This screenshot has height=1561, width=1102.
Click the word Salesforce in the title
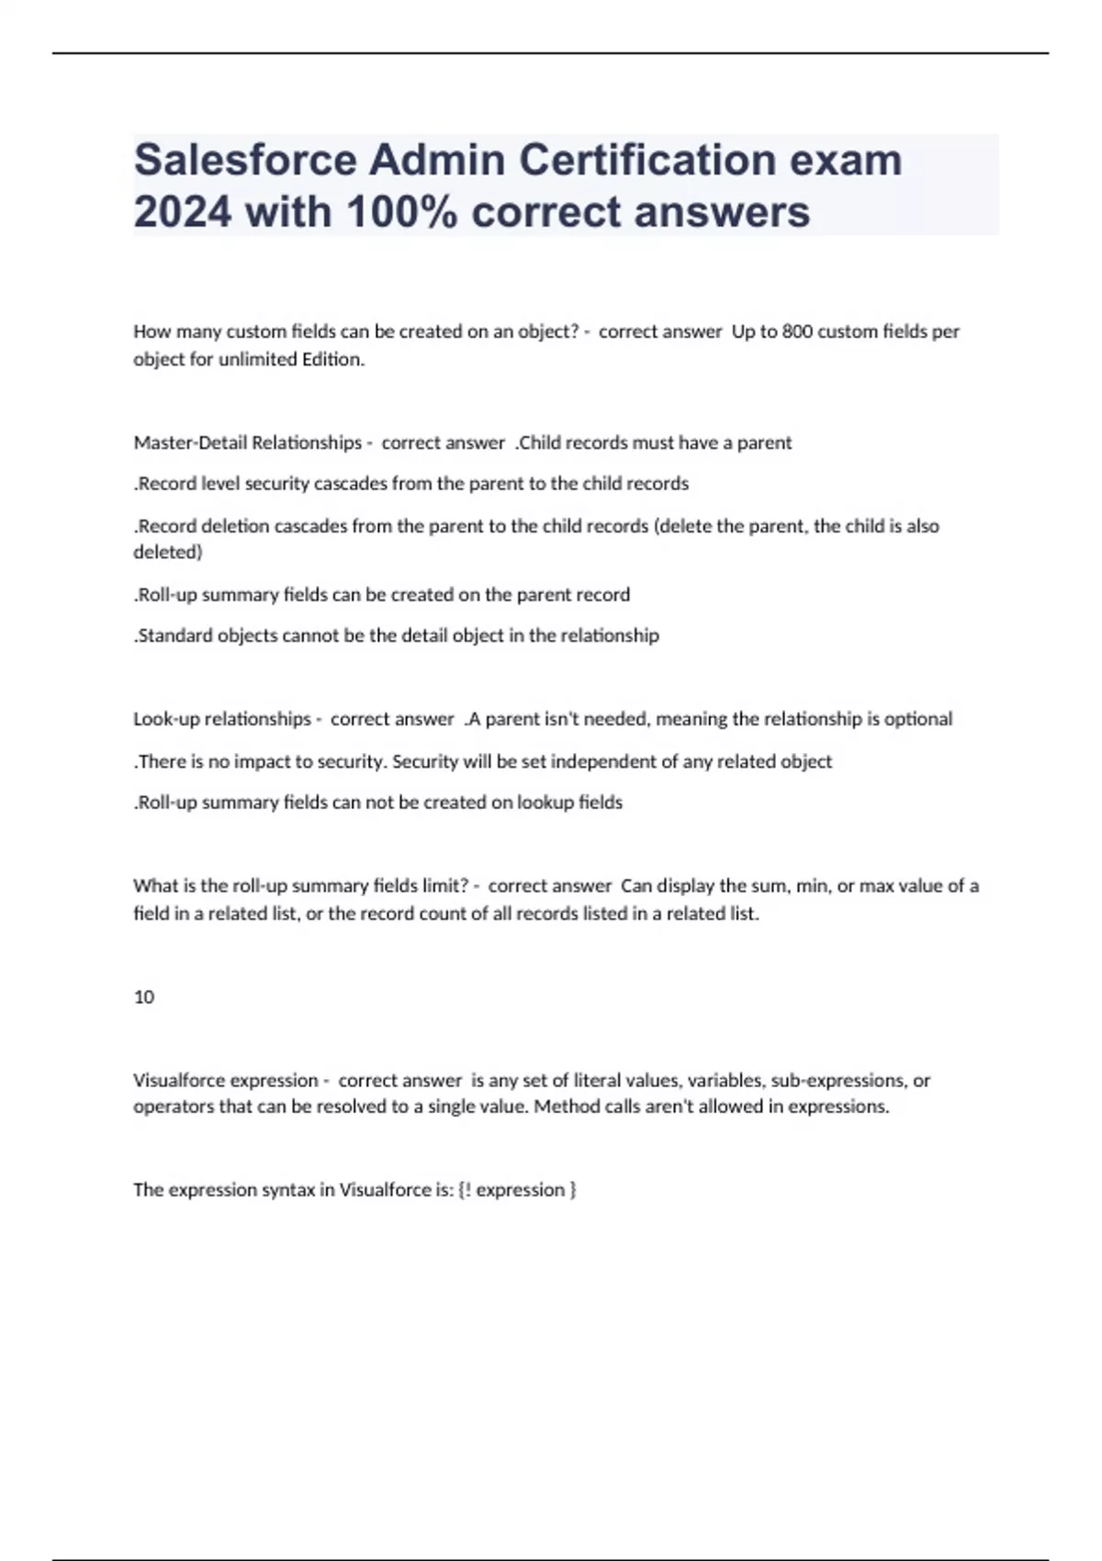coord(245,161)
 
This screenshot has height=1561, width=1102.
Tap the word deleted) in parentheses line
coord(168,552)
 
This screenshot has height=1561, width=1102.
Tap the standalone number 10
coord(144,997)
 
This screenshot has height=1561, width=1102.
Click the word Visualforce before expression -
coord(179,1081)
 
